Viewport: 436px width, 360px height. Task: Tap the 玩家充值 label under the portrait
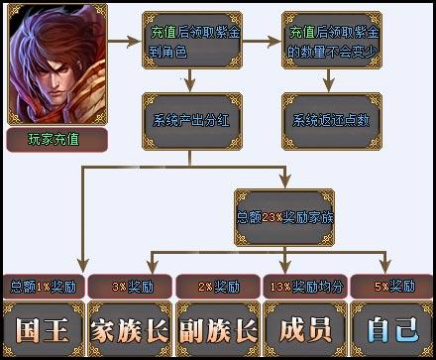pos(54,138)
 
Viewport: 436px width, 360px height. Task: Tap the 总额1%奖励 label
pos(43,286)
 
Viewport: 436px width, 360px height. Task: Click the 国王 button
pos(43,328)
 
